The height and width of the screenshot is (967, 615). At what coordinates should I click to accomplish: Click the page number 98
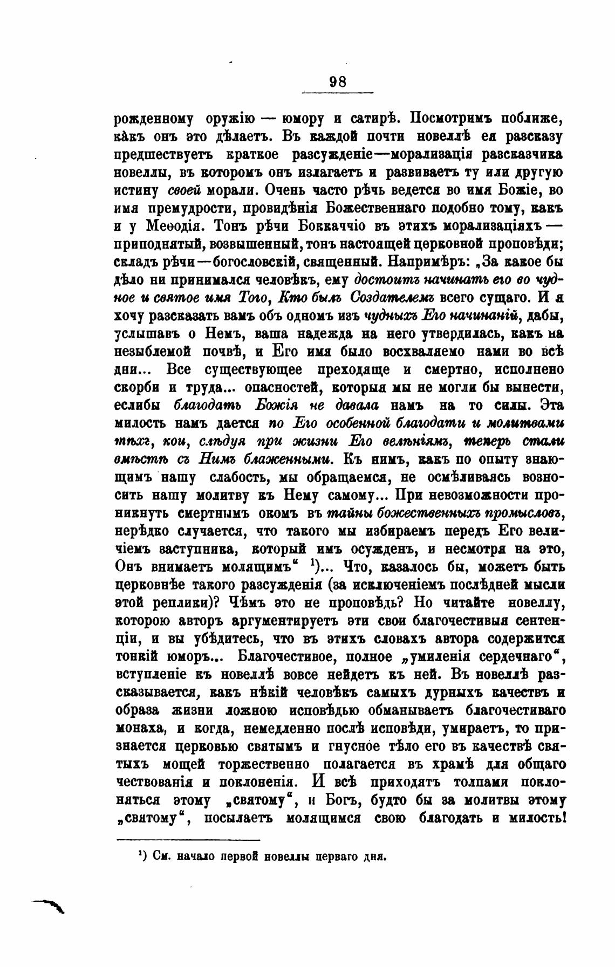click(x=338, y=81)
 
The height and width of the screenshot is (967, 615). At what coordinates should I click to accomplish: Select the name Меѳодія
click(x=178, y=226)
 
